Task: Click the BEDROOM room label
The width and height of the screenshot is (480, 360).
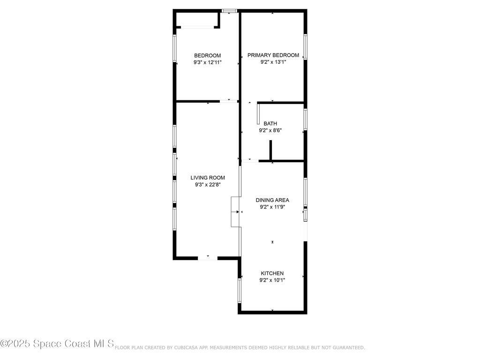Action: tap(207, 55)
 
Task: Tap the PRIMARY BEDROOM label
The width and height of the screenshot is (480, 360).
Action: tap(273, 55)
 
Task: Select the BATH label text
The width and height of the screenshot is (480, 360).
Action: tap(270, 124)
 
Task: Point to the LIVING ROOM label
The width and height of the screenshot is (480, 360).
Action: tap(208, 178)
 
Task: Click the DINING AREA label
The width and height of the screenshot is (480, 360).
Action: tap(272, 200)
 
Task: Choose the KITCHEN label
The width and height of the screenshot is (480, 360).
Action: tap(272, 273)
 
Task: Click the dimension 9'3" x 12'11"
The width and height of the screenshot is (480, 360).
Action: tap(207, 62)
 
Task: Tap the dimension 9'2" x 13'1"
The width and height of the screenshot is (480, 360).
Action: tap(273, 62)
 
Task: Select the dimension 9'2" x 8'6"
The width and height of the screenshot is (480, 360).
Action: tap(270, 131)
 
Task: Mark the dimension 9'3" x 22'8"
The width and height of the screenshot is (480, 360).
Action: tap(208, 185)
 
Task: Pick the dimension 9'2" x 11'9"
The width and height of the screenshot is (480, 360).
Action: tap(272, 207)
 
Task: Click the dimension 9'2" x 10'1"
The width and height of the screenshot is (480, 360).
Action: tap(272, 280)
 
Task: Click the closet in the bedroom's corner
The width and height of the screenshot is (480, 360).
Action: tap(196, 20)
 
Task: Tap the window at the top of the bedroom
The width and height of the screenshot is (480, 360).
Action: tap(229, 10)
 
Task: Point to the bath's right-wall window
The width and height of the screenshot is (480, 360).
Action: tap(305, 119)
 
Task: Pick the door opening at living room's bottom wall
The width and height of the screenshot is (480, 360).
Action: tap(208, 257)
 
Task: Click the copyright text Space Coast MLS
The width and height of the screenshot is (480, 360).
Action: tap(57, 344)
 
